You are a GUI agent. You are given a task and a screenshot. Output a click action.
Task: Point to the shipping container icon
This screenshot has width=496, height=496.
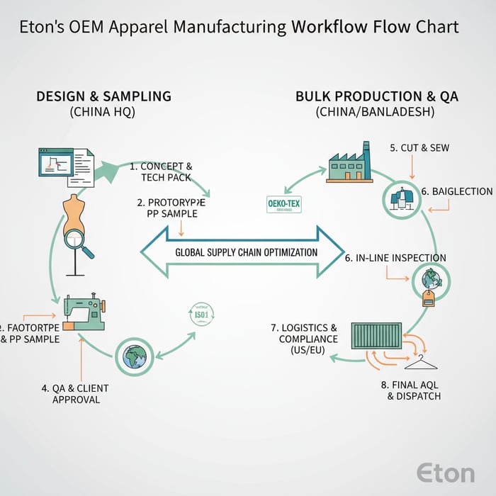(x=376, y=337)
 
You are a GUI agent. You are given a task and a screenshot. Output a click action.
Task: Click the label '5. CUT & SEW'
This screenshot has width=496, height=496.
(x=419, y=148)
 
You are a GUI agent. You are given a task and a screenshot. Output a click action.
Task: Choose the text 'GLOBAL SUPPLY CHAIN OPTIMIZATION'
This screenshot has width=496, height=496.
(x=246, y=252)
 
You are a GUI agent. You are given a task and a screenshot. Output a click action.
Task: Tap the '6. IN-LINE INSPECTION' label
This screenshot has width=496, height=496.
(x=395, y=258)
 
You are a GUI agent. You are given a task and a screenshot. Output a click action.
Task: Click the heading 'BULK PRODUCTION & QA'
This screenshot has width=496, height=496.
(x=376, y=96)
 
